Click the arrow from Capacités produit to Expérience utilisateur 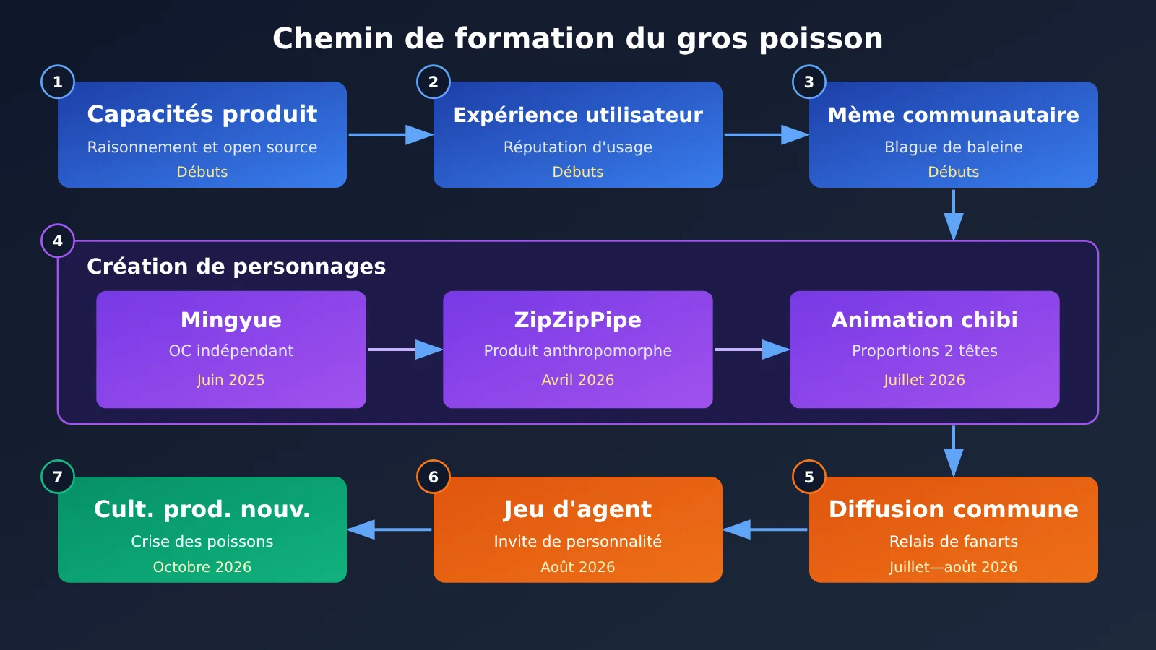[x=391, y=134]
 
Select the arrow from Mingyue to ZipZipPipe [x=405, y=350]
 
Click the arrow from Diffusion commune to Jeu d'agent [x=765, y=529]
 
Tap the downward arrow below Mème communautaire [x=953, y=214]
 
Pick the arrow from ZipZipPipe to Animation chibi [x=752, y=350]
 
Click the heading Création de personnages [x=236, y=266]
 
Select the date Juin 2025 [x=230, y=380]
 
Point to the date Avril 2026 [x=577, y=380]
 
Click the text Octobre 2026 [x=202, y=567]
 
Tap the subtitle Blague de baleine [x=953, y=147]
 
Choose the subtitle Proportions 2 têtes [x=924, y=351]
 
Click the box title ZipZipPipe [x=577, y=320]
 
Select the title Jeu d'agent [x=577, y=510]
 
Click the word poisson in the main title [x=821, y=39]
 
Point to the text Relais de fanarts [x=953, y=541]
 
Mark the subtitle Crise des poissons [x=202, y=541]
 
